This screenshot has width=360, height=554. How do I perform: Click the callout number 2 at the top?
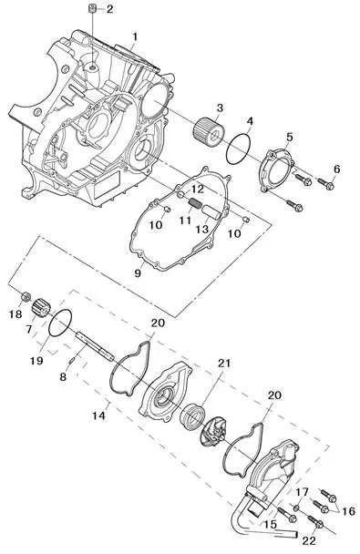[110, 9]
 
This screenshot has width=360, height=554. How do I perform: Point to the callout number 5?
[289, 137]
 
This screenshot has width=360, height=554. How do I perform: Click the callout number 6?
[336, 169]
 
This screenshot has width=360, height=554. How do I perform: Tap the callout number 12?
[198, 190]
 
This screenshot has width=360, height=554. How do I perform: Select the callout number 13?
[202, 230]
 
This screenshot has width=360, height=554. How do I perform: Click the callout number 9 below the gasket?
[138, 272]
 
